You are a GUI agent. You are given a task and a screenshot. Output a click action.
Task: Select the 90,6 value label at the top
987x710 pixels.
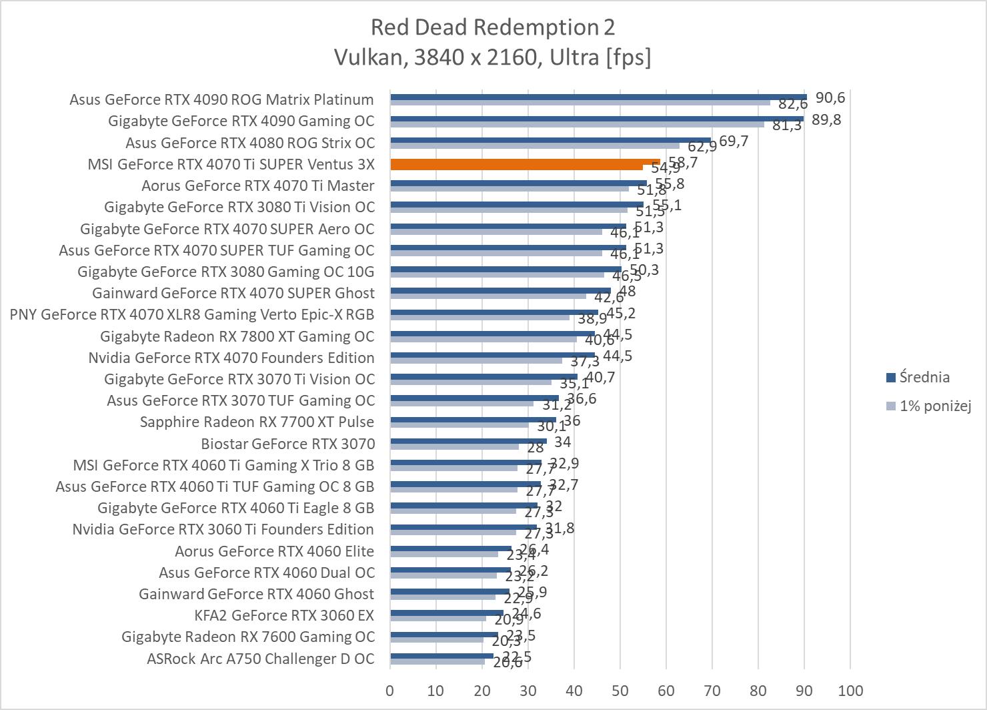[x=830, y=97]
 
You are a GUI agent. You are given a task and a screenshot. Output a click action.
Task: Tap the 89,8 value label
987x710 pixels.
[x=826, y=119]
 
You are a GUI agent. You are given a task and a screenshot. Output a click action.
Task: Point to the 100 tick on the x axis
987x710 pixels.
[x=850, y=691]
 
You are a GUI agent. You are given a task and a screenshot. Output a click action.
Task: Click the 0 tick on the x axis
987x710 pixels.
[x=390, y=691]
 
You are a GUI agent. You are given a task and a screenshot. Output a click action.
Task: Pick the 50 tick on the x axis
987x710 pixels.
[x=620, y=691]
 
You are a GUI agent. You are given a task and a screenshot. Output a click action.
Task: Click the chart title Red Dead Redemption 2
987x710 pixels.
[x=493, y=27]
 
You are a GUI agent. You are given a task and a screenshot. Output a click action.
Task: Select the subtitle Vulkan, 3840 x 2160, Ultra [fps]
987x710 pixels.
[x=493, y=57]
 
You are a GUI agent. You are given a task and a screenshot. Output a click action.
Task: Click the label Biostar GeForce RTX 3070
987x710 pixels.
[x=287, y=444]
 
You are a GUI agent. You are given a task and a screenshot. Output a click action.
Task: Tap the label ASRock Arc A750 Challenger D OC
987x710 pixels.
[x=260, y=659]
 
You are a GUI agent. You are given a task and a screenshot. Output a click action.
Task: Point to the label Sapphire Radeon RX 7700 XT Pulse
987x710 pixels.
[x=257, y=422]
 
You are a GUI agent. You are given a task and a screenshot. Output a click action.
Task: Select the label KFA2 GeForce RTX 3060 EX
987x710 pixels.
[x=284, y=615]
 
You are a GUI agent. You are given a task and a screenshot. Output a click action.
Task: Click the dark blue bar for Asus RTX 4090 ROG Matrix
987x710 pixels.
[x=598, y=97]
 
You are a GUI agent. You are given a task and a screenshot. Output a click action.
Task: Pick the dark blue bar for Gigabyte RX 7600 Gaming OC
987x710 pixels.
[x=444, y=635]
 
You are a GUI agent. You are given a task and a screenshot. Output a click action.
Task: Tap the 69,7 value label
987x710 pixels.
[x=734, y=141]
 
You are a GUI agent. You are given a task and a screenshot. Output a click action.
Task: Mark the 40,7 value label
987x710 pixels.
[x=600, y=377]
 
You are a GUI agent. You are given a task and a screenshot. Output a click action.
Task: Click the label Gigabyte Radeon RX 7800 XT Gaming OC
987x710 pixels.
[x=237, y=336]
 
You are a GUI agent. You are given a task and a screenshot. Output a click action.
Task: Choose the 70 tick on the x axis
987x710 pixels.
[x=712, y=691]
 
